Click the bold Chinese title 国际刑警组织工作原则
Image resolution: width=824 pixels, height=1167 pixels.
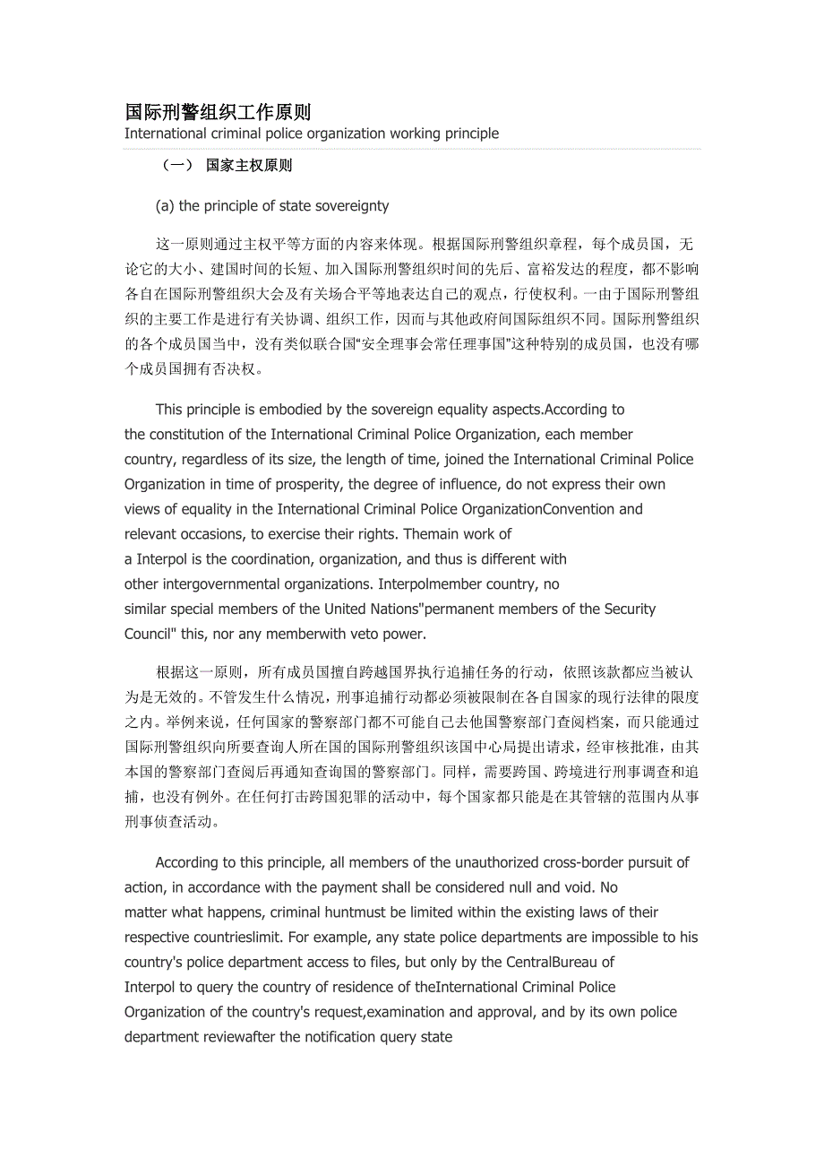pyautogui.click(x=218, y=112)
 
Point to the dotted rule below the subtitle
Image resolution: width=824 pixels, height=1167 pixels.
pyautogui.click(x=412, y=149)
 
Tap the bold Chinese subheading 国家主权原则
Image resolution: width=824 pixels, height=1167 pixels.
pyautogui.click(x=249, y=166)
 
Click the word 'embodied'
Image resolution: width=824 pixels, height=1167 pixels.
pyautogui.click(x=291, y=410)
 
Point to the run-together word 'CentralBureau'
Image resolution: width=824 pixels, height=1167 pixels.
pyautogui.click(x=551, y=963)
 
